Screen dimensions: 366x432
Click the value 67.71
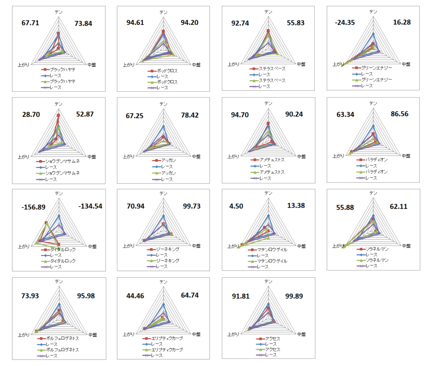[x=30, y=23]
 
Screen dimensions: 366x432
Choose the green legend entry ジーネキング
[x=167, y=261]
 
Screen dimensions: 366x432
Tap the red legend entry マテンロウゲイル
[x=272, y=249]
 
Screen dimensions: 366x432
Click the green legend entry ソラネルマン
[x=377, y=260]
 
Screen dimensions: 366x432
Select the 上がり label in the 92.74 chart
[x=233, y=64]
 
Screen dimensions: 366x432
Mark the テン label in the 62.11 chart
[x=373, y=193]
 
